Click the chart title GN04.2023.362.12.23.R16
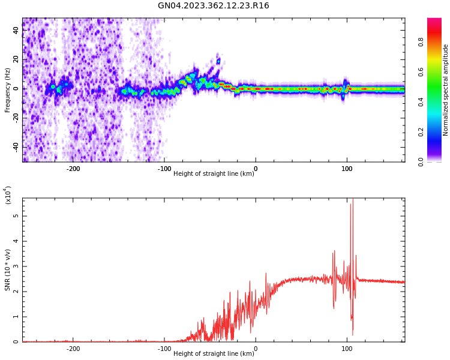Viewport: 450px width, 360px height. point(214,6)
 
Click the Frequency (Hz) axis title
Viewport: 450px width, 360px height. point(8,90)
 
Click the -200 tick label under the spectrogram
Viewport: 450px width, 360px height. point(73,169)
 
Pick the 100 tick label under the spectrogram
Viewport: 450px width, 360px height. point(347,169)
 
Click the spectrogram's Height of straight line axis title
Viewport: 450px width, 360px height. point(214,174)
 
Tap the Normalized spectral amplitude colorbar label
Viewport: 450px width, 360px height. point(446,90)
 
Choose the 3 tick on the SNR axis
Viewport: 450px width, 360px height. point(17,266)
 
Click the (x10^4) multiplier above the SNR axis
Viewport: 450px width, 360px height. point(8,195)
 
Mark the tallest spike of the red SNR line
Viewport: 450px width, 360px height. point(352,200)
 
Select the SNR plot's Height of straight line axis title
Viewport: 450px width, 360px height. point(214,354)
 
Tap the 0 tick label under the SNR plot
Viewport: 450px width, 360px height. point(256,349)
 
